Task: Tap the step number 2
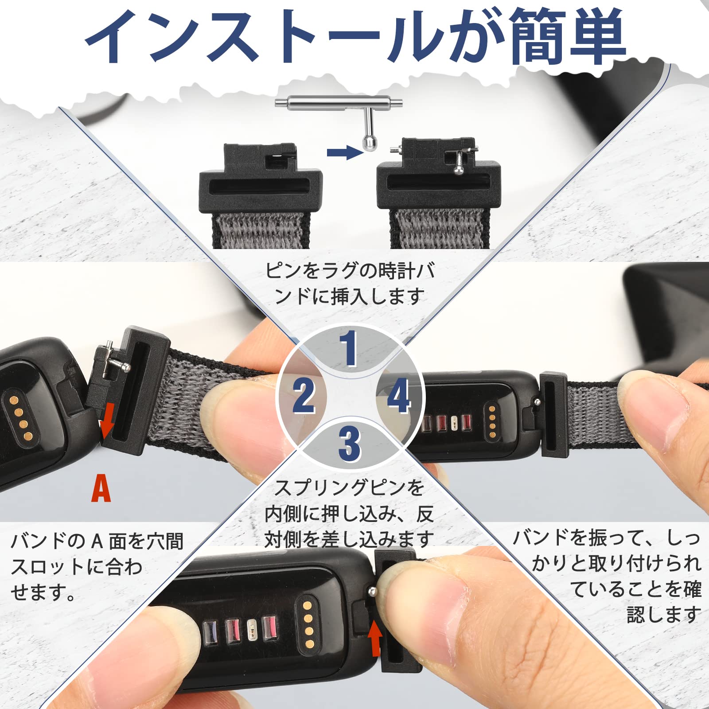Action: [x=304, y=396]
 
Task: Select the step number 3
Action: [x=350, y=444]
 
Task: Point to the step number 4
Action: [x=398, y=396]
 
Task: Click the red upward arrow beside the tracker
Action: [x=375, y=639]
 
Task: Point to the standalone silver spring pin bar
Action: [x=339, y=103]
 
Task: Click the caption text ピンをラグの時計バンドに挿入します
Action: [x=350, y=283]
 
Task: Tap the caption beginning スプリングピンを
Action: [x=350, y=514]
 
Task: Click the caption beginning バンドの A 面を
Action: [x=97, y=566]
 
